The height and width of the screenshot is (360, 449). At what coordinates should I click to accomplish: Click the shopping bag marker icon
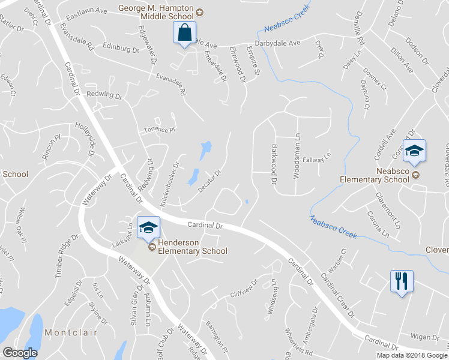pos(184,32)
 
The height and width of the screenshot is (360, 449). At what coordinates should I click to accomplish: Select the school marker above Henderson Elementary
pos(148,227)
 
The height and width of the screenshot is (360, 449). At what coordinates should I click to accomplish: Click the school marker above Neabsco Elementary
pos(414,150)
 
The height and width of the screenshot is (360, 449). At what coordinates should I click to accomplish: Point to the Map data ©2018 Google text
pos(411,355)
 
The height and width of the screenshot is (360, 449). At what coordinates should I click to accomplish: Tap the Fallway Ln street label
pos(317,158)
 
